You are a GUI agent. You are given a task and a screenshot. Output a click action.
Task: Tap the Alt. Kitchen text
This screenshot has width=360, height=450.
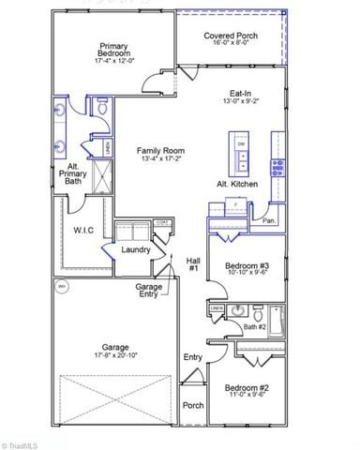pos(238,185)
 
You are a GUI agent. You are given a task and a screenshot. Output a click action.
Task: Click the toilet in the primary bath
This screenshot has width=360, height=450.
pos(100,110)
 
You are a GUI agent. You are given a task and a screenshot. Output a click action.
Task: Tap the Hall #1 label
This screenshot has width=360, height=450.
pos(193,264)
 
